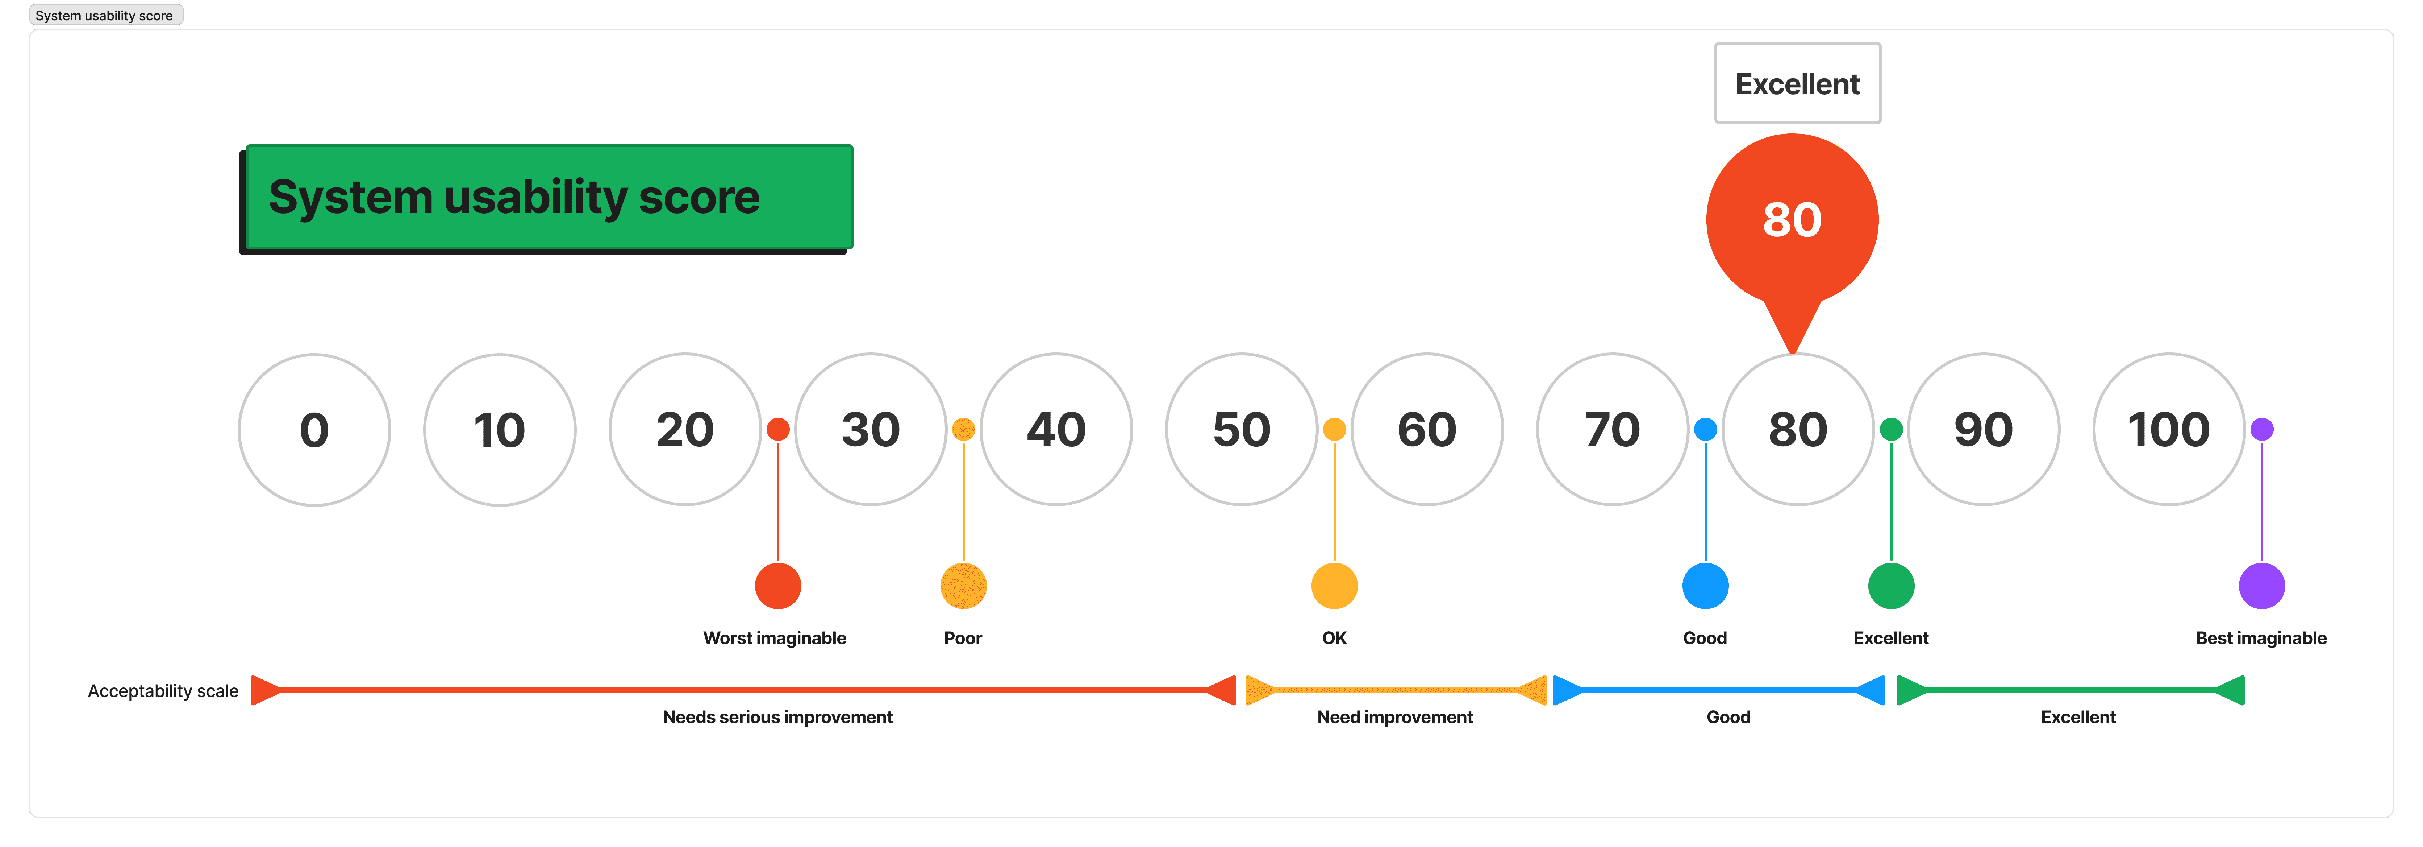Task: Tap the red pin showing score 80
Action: (x=1792, y=220)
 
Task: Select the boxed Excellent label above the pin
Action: (x=1797, y=84)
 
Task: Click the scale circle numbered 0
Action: (x=314, y=430)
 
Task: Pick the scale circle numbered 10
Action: (x=500, y=430)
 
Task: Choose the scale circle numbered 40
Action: (x=1055, y=430)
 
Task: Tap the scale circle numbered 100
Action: (x=2168, y=430)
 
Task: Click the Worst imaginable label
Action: (x=774, y=638)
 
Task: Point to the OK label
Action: (x=1334, y=638)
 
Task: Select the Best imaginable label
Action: (x=2260, y=638)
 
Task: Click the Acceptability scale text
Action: (x=163, y=691)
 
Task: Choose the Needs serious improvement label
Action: (x=777, y=717)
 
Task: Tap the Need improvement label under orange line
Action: (x=1394, y=717)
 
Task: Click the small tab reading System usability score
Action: (x=104, y=15)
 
